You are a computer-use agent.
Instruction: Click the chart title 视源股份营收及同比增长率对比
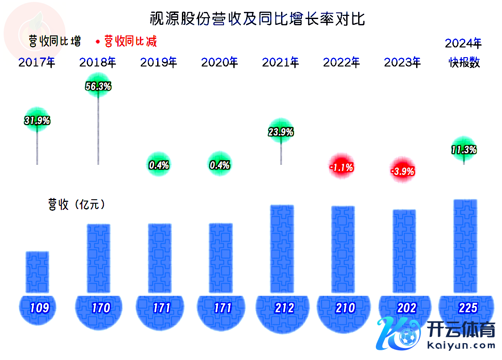257,19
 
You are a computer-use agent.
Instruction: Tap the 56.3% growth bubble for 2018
98,87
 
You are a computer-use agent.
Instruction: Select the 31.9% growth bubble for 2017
37,120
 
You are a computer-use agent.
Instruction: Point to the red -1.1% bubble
341,167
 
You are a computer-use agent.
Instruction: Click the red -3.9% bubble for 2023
402,171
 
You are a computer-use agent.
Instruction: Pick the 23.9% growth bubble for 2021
281,132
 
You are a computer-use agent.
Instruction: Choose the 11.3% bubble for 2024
463,150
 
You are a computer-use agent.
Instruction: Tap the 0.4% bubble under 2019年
159,166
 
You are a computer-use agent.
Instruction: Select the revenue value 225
467,308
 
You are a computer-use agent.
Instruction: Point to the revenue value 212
284,308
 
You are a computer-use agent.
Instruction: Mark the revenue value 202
406,308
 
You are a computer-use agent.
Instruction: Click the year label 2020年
220,62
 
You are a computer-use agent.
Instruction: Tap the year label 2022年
341,62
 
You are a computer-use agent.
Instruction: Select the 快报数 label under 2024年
463,62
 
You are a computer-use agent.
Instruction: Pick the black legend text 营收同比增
54,42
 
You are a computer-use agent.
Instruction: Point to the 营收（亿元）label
77,205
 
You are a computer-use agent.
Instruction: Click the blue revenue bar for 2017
37,272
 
